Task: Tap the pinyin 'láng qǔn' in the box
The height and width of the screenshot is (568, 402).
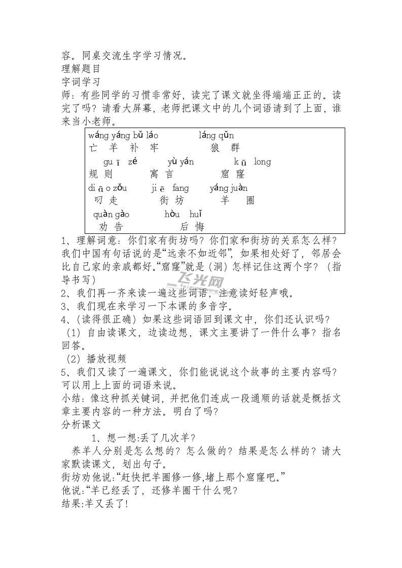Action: pos(216,136)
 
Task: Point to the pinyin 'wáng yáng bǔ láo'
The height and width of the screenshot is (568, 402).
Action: pos(123,136)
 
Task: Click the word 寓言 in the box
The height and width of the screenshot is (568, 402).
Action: pos(162,175)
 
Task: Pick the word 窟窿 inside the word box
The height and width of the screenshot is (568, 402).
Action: pos(233,175)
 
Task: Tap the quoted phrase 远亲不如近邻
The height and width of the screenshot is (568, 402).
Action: pos(200,252)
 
